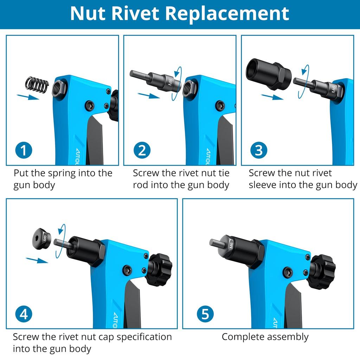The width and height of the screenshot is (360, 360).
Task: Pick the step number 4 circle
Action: [x=24, y=314]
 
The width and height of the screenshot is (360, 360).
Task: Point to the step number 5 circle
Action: [x=205, y=314]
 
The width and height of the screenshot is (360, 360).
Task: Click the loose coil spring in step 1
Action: [x=37, y=85]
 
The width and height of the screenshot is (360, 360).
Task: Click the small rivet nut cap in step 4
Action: [x=41, y=239]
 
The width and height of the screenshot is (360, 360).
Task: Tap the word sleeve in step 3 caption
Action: [x=265, y=185]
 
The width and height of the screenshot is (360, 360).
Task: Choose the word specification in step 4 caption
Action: [x=144, y=337]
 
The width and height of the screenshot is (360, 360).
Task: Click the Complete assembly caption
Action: [x=265, y=337]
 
